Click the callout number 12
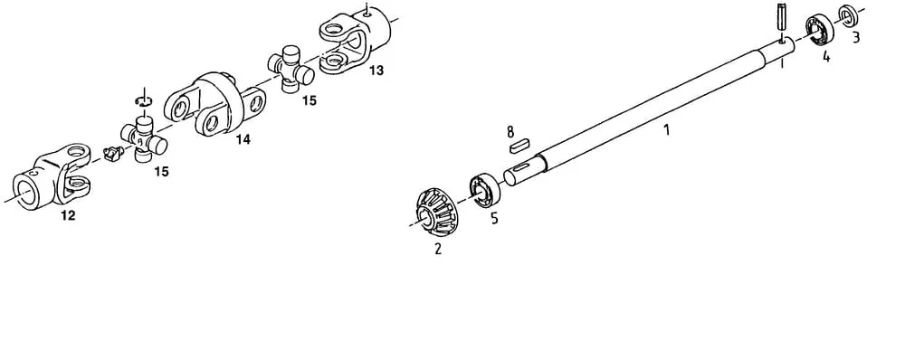pyautogui.click(x=68, y=216)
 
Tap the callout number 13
pyautogui.click(x=376, y=71)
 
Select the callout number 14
pyautogui.click(x=243, y=139)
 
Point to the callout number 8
pyautogui.click(x=510, y=133)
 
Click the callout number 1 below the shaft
pyautogui.click(x=667, y=130)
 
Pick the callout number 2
pyautogui.click(x=438, y=250)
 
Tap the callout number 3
pyautogui.click(x=856, y=37)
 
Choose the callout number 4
pyautogui.click(x=826, y=57)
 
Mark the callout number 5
pyautogui.click(x=495, y=219)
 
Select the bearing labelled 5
pyautogui.click(x=485, y=190)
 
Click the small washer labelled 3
pyautogui.click(x=847, y=15)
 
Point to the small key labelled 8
pyautogui.click(x=520, y=145)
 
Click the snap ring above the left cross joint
pyautogui.click(x=143, y=101)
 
